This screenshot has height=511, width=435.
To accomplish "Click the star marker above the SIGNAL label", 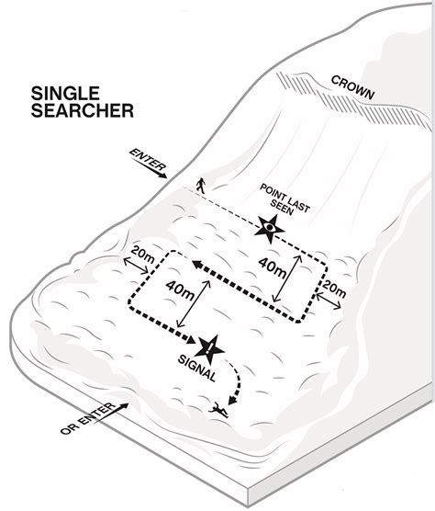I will [211, 346].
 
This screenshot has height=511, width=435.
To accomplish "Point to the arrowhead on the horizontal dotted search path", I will [197, 266].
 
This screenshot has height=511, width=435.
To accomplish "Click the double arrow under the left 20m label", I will [140, 268].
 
